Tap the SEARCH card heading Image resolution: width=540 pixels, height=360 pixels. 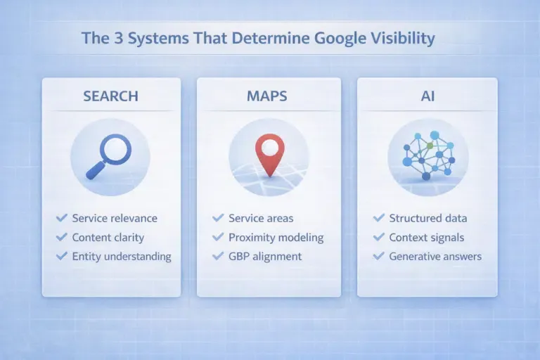tap(111, 96)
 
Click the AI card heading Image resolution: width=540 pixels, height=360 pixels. tap(427, 96)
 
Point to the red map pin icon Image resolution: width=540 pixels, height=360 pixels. tap(269, 153)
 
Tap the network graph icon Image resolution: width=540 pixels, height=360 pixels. tap(427, 154)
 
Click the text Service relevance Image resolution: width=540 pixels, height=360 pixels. tap(115, 219)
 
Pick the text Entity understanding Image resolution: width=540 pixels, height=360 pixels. tap(122, 257)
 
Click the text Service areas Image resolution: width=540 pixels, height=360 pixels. tap(261, 219)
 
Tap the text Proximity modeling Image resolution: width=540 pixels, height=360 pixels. tap(276, 238)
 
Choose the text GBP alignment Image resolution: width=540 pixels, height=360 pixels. tap(265, 257)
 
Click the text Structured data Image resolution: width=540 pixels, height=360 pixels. tap(428, 219)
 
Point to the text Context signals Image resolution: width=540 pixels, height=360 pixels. tap(427, 238)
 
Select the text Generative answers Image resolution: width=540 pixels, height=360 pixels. tap(435, 257)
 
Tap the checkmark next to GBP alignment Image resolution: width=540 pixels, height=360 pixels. tap(217, 257)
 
